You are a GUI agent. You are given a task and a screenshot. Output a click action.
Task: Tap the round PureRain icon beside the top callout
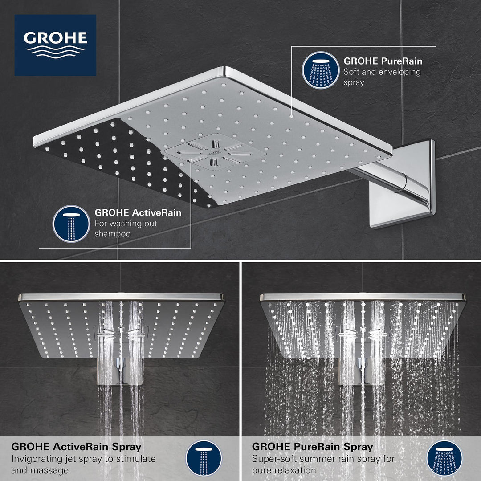(x=318, y=70)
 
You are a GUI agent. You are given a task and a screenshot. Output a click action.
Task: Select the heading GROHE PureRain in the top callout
(x=383, y=61)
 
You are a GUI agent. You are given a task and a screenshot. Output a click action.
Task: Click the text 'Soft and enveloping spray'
(x=382, y=77)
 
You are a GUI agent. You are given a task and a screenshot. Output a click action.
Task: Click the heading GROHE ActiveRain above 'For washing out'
(x=138, y=213)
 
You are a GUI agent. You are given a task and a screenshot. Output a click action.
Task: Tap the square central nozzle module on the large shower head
(x=215, y=152)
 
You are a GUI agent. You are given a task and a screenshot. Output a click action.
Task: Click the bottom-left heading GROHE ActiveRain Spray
(x=76, y=447)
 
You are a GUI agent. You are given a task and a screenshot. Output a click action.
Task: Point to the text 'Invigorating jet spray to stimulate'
(x=84, y=459)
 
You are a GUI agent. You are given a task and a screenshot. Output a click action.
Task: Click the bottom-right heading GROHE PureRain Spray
(x=313, y=447)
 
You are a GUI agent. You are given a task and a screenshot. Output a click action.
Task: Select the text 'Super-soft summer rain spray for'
(x=323, y=459)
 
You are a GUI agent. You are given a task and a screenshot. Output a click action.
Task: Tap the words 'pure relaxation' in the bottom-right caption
(x=284, y=470)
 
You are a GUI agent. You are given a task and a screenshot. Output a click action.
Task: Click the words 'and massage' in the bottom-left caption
(x=40, y=470)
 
